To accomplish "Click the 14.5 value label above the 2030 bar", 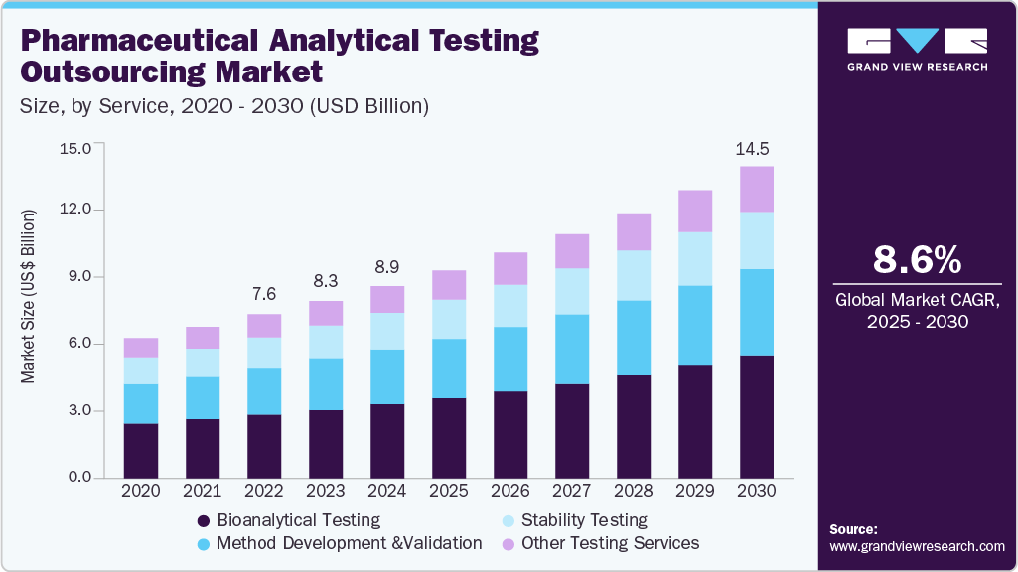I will pos(752,150).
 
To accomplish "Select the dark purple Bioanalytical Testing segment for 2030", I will pos(757,416).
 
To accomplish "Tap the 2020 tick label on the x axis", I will pos(140,491).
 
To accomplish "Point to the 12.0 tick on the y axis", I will pos(75,211).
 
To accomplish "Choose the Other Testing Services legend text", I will pos(610,543).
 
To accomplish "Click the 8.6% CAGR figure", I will pos(917,260).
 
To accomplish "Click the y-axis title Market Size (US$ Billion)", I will pos(29,296).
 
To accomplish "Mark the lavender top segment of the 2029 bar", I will pos(695,211).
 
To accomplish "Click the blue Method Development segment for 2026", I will pos(510,358).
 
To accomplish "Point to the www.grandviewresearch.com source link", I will pos(917,546).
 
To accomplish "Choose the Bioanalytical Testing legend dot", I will pos(204,520).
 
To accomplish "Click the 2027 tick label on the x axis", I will pos(572,491).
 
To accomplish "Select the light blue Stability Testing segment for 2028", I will pos(634,275).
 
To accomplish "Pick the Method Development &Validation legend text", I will pos(349,543).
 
